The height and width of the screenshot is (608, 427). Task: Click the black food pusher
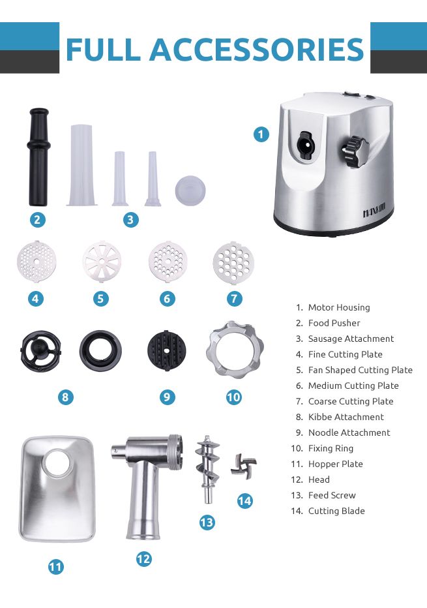38,157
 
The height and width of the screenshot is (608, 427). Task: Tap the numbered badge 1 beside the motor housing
261,134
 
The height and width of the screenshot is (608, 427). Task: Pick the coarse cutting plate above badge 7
233,262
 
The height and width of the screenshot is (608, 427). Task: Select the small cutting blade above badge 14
243,466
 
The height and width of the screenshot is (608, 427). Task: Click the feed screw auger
207,468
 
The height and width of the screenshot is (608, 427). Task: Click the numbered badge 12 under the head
143,558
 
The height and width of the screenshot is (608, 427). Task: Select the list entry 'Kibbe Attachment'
346,417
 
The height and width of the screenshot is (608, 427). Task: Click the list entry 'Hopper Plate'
335,464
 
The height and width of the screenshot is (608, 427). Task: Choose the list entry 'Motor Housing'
338,307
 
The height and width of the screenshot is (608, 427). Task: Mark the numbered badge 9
167,397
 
